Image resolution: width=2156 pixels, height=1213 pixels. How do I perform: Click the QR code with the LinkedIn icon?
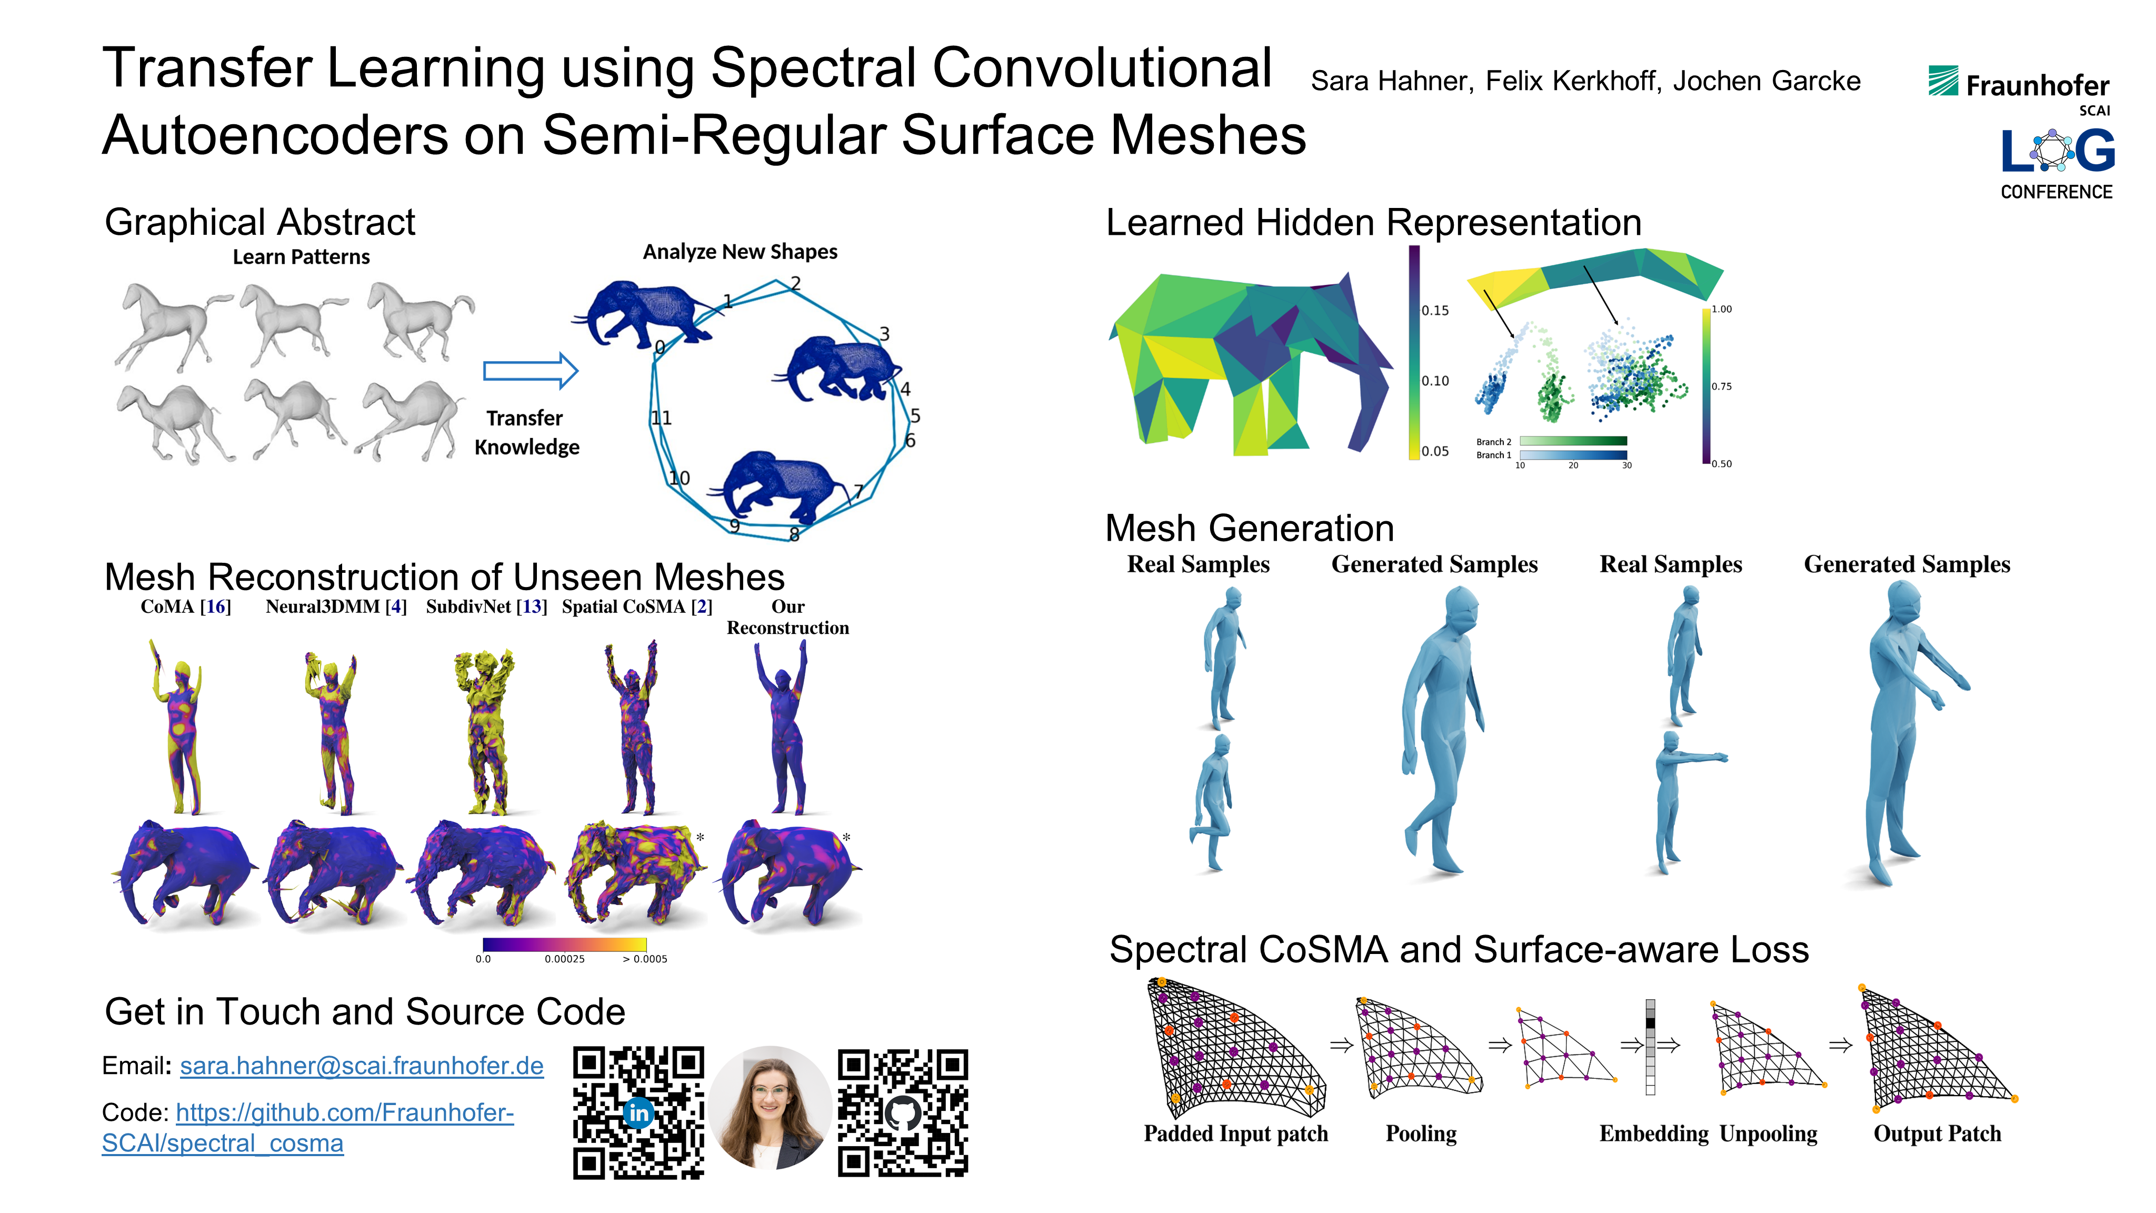point(638,1112)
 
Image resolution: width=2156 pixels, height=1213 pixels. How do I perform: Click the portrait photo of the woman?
point(771,1108)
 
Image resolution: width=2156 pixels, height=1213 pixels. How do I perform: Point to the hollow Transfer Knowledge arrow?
point(531,371)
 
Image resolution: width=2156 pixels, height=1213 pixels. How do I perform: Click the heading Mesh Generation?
point(1250,528)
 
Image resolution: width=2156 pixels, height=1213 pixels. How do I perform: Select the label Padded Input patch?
point(1235,1134)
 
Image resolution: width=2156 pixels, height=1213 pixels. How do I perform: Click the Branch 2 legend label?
point(1493,442)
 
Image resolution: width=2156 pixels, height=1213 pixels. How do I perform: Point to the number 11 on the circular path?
point(661,417)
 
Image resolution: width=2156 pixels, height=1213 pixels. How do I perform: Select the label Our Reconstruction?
point(787,617)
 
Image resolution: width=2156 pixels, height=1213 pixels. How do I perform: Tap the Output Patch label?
point(1937,1134)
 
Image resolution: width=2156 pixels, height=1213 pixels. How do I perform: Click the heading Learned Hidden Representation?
point(1373,223)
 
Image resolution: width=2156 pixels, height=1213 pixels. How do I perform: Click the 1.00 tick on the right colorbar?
point(1722,309)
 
